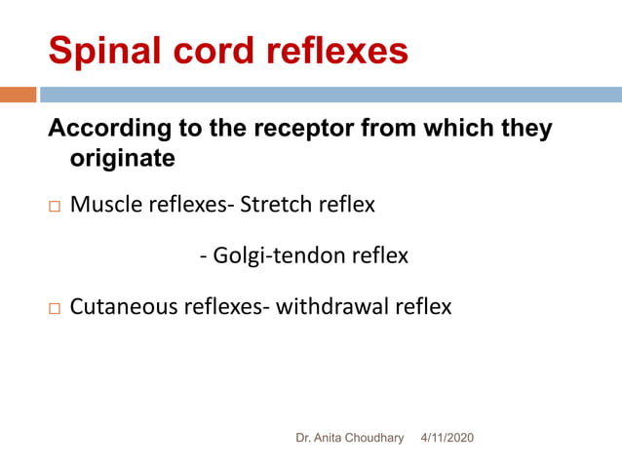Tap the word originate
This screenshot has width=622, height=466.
[122, 156]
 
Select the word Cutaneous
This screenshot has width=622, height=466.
[122, 307]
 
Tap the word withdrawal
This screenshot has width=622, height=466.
[334, 307]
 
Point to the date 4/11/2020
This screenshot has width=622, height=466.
[447, 439]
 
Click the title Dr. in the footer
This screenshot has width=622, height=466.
[303, 439]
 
